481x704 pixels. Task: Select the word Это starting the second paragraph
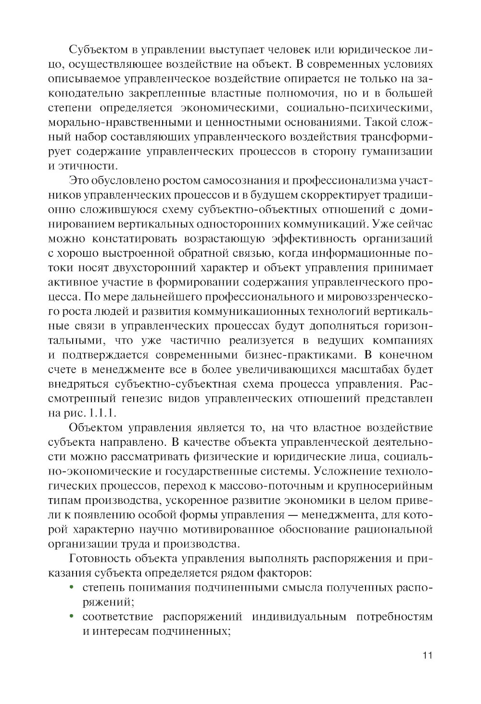point(80,181)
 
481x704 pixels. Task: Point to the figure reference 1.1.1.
point(103,413)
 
